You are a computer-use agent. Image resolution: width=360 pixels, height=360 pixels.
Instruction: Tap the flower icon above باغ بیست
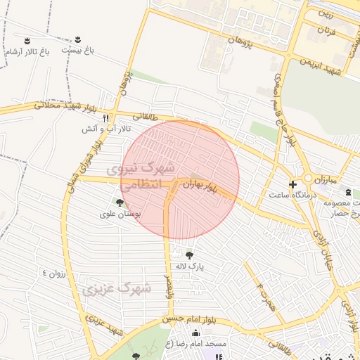click(77, 39)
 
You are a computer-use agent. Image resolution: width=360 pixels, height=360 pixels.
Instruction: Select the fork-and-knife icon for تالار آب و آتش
click(106, 118)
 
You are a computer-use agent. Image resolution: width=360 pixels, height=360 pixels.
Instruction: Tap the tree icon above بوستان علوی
click(120, 202)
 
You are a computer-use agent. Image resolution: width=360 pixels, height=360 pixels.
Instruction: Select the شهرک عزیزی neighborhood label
click(117, 288)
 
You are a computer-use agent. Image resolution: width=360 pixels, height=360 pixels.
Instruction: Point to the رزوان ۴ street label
click(53, 273)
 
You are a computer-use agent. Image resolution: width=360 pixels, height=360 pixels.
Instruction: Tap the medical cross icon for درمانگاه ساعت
click(292, 184)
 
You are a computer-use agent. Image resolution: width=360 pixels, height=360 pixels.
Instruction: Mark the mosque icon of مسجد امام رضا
click(195, 333)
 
